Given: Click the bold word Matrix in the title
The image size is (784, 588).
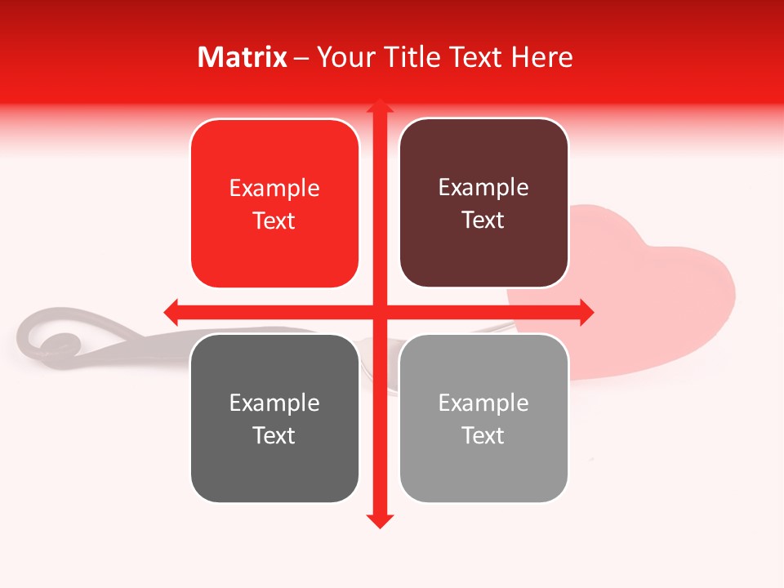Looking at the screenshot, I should [243, 57].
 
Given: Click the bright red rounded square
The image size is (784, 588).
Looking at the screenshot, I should [274, 204].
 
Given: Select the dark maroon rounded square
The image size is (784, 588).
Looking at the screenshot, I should [483, 203].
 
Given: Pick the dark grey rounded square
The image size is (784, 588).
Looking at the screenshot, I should [274, 418].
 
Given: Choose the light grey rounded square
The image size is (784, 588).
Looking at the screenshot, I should [483, 418].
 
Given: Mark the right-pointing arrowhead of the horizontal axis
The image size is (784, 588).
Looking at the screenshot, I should [586, 312].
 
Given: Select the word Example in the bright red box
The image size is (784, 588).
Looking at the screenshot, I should [274, 189].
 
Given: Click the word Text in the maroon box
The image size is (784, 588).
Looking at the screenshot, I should [483, 220].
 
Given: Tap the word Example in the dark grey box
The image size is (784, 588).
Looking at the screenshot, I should [274, 403].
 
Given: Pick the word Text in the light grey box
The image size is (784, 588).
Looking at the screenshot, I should [483, 435].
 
